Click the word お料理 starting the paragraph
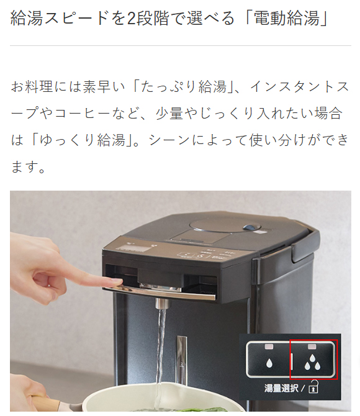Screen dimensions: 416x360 pyautogui.click(x=30, y=86)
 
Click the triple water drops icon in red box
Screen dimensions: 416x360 pyautogui.click(x=313, y=361)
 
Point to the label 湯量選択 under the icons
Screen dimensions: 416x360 pyautogui.click(x=280, y=388)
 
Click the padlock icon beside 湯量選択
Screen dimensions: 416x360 pyautogui.click(x=314, y=389)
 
